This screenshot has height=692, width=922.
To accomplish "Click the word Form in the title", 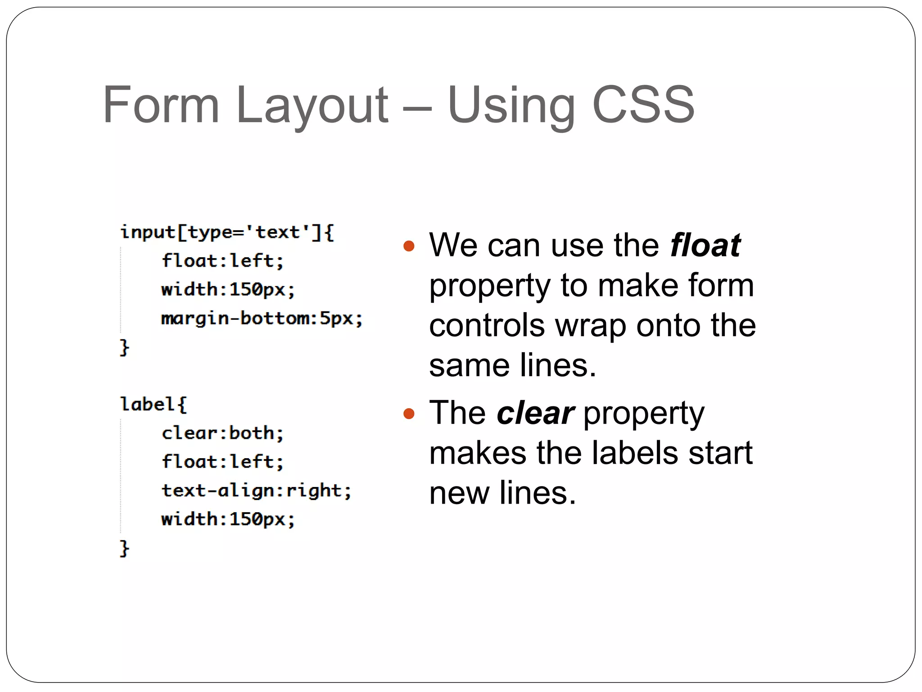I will tap(161, 105).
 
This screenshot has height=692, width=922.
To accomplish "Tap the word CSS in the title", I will tap(643, 105).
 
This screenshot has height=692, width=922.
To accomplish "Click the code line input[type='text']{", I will tap(227, 233).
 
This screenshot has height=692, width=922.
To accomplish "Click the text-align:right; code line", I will tap(256, 491).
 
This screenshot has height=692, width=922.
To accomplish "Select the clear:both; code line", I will tap(222, 433).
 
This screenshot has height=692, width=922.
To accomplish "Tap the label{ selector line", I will tap(153, 404).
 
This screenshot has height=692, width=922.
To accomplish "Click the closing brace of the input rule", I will tap(124, 347).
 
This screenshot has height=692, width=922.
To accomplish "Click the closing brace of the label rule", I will tap(124, 548).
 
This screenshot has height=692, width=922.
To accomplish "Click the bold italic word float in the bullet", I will tap(705, 246).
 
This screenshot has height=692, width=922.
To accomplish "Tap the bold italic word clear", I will tap(535, 413).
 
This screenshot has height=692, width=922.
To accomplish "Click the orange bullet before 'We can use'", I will tap(409, 246).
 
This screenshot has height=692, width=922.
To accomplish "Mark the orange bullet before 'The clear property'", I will tap(409, 414).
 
